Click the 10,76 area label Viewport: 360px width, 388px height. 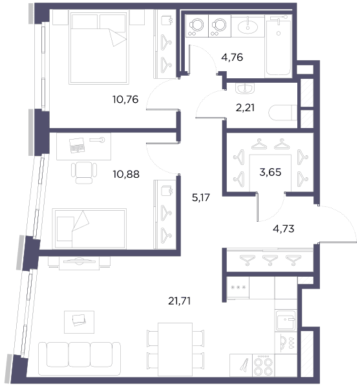(125, 100)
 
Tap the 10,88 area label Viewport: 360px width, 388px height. (126, 174)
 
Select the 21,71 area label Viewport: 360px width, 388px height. (179, 301)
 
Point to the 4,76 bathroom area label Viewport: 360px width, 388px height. (232, 58)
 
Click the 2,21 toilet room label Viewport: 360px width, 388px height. (245, 108)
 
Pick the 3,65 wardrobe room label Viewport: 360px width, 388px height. (270, 172)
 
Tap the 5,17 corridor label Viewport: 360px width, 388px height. (201, 197)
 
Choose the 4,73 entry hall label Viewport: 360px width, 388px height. (283, 229)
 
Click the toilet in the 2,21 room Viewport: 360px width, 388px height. (282, 113)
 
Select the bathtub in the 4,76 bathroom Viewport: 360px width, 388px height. (279, 47)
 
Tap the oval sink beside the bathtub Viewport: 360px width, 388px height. (248, 27)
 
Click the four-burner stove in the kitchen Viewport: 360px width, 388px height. (264, 365)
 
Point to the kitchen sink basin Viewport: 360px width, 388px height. (285, 320)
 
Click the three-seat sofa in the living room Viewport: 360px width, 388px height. (79, 355)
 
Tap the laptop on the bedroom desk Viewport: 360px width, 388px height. (77, 145)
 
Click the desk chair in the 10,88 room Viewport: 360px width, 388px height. (84, 173)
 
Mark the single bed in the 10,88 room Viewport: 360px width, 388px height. (89, 229)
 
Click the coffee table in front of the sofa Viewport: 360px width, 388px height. (79, 322)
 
